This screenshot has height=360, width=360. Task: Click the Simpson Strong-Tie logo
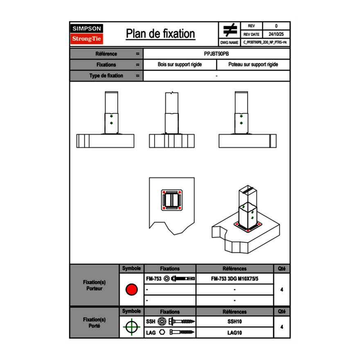(87, 34)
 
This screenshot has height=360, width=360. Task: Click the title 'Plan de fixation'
(160, 34)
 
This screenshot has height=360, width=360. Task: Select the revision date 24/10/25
(276, 34)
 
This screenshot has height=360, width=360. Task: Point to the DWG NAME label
(229, 43)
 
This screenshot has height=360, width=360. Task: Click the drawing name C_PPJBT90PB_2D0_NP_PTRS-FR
(265, 43)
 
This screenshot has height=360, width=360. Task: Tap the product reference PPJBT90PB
(216, 54)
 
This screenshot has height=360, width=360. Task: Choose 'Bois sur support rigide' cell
(180, 65)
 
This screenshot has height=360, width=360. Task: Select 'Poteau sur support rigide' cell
(253, 65)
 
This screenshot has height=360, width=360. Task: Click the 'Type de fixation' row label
(106, 76)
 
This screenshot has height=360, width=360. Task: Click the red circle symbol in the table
(131, 290)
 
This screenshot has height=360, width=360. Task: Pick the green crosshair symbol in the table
(131, 327)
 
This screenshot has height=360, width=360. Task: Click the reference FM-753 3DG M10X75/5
(234, 279)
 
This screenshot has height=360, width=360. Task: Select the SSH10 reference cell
(234, 322)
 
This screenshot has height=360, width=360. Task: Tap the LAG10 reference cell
(234, 333)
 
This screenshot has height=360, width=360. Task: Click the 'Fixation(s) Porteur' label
(94, 285)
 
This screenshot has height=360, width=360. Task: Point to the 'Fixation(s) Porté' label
(94, 323)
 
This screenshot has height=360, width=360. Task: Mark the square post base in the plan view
(171, 200)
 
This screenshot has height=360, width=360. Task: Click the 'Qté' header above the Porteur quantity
(281, 269)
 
